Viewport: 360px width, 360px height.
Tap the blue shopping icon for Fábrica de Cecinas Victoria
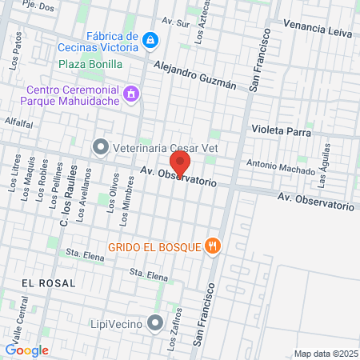(150, 39)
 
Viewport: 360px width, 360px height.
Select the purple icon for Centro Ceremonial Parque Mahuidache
(132, 96)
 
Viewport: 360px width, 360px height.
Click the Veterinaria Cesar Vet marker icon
(100, 146)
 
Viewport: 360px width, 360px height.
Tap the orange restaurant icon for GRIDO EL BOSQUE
(212, 246)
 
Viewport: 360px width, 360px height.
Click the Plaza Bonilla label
(90, 63)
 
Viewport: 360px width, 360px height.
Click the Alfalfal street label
(18, 122)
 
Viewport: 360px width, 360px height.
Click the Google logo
(26, 350)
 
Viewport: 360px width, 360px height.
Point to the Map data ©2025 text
(324, 354)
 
